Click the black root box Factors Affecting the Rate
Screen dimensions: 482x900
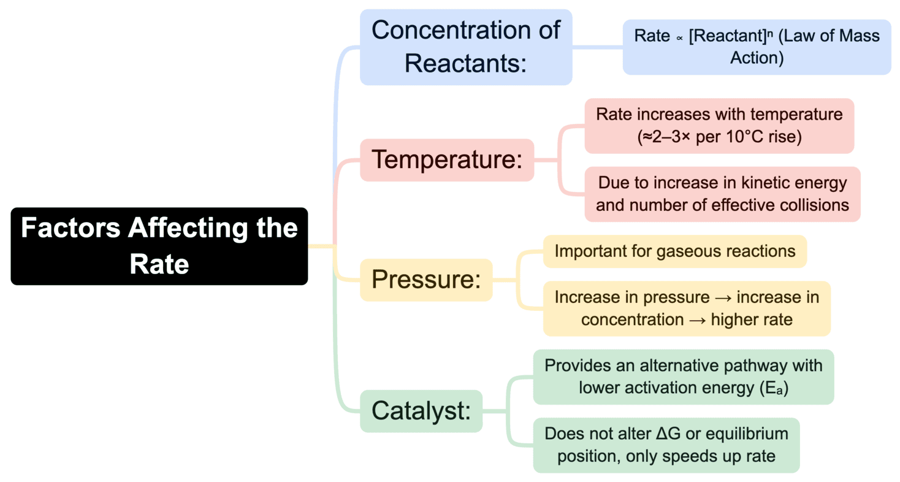(x=159, y=246)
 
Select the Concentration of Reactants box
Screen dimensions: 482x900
(x=465, y=47)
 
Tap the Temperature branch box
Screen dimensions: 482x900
(x=447, y=160)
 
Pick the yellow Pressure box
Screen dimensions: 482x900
(x=426, y=280)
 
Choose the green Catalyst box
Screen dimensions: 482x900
(x=421, y=411)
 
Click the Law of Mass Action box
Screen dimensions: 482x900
(x=757, y=47)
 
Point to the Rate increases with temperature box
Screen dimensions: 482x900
(x=719, y=126)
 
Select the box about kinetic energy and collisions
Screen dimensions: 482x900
(x=722, y=194)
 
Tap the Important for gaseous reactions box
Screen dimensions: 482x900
(x=674, y=251)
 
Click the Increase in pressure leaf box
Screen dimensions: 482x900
(x=686, y=308)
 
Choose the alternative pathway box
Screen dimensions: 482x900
(x=683, y=377)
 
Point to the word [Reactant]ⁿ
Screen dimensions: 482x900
(x=730, y=37)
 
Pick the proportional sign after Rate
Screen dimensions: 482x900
(x=679, y=38)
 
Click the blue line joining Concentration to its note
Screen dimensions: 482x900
(x=597, y=47)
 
